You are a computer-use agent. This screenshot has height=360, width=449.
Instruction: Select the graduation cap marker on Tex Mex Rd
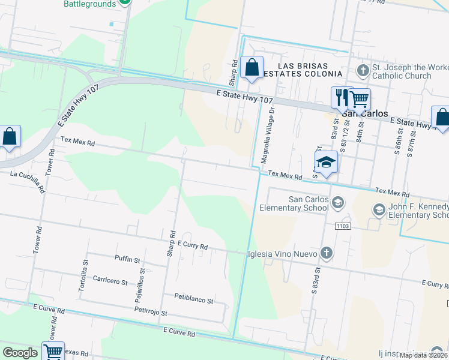tap(326, 163)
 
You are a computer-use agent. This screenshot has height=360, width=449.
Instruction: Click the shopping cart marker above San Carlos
tap(359, 98)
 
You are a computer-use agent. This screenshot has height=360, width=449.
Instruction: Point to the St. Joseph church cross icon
tap(363, 71)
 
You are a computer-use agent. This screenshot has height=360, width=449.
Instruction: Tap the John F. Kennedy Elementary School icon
tap(379, 209)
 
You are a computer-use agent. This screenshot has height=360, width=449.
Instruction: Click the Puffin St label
tap(127, 260)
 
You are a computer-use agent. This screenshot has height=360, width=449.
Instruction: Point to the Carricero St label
tap(110, 280)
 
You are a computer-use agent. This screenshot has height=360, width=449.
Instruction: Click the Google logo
tap(20, 353)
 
